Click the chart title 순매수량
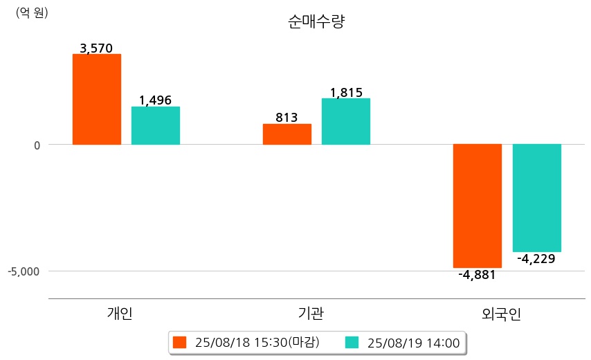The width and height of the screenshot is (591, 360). click(316, 21)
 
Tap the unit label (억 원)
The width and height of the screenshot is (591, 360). click(32, 12)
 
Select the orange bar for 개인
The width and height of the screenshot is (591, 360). click(97, 99)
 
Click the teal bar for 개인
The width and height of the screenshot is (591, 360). click(156, 125)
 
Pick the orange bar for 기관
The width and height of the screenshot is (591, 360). click(287, 134)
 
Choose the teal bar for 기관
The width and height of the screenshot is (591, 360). click(346, 121)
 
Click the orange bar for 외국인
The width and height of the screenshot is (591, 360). click(478, 206)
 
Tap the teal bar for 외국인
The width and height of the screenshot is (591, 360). click(536, 198)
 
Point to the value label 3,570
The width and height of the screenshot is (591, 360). click(96, 48)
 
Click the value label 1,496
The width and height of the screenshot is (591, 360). click(155, 100)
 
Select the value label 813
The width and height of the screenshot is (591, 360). click(287, 118)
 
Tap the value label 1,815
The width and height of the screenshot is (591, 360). click(346, 93)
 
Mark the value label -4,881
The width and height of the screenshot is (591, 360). click(477, 274)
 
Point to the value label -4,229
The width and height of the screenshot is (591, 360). click(536, 259)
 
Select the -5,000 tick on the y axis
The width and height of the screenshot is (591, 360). click(24, 271)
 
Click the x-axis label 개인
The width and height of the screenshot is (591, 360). click(120, 314)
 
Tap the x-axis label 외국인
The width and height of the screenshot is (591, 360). click(501, 314)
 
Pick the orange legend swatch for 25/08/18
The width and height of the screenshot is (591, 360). click(180, 343)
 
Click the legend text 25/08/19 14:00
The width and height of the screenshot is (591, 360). click(414, 343)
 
